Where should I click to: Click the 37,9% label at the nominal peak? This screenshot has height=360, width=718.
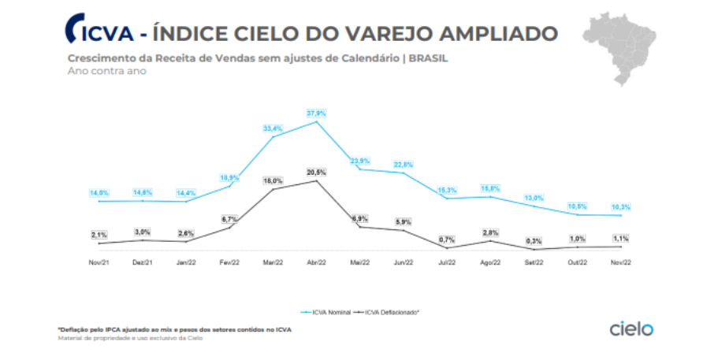tap(316, 113)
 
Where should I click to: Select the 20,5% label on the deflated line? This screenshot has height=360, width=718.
tap(316, 172)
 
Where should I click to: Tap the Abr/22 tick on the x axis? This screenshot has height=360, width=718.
tap(316, 261)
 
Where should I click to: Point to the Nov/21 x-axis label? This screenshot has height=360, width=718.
tap(99, 261)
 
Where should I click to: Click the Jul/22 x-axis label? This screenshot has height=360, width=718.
tap(447, 261)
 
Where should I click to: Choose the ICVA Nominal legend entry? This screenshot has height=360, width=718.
tap(326, 312)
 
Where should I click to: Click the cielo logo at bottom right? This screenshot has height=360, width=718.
tap(631, 328)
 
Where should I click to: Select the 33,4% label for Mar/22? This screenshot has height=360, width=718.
tap(273, 128)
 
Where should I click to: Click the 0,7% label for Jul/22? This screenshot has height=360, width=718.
tap(447, 239)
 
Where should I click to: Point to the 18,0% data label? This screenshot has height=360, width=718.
tap(273, 180)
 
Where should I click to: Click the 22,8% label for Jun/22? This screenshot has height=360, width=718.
tap(404, 164)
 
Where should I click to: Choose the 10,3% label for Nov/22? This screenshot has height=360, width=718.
tap(621, 206)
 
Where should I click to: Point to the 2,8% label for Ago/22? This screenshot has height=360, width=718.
tap(490, 232)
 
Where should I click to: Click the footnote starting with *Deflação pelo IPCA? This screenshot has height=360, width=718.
tap(173, 328)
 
